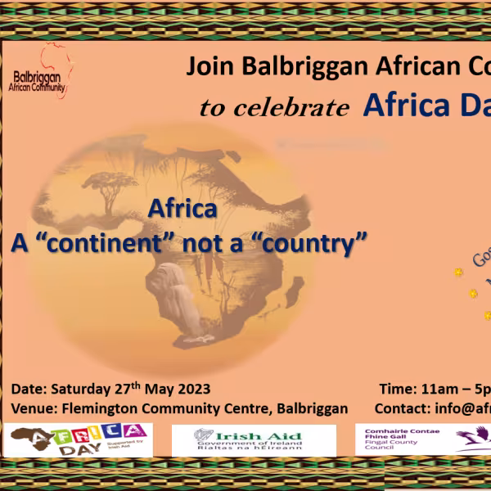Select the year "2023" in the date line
tap(194, 389)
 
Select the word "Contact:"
tap(402, 408)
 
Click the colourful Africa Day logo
tap(78, 440)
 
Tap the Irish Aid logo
tap(254, 440)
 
